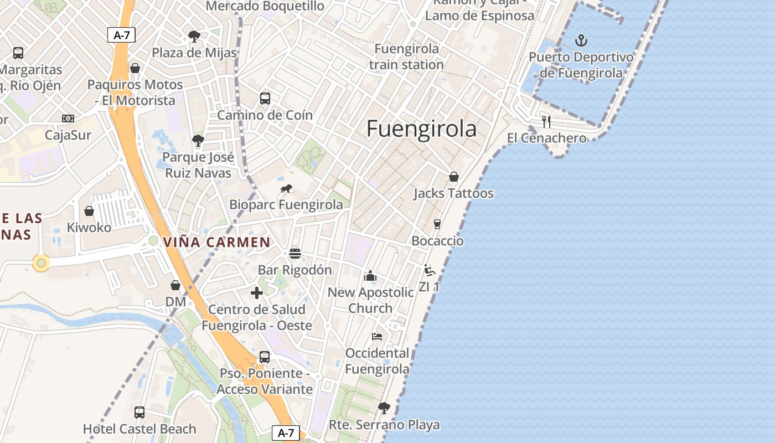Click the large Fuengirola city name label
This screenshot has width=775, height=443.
click(421, 128)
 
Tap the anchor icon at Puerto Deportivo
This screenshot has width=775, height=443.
click(581, 40)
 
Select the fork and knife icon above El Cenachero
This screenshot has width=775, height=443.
click(546, 121)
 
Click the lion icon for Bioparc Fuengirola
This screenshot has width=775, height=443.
click(286, 189)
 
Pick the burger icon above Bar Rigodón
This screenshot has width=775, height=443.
click(294, 254)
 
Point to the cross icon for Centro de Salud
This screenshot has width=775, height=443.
click(256, 293)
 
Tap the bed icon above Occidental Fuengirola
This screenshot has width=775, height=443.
click(377, 337)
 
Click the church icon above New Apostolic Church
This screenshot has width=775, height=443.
click(370, 276)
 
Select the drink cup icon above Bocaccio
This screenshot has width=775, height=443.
click(437, 224)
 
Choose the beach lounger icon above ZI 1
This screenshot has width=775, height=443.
click(429, 270)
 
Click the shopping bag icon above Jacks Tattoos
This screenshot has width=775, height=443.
click(453, 177)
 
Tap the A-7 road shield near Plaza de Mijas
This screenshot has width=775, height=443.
click(121, 35)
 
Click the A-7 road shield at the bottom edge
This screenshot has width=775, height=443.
click(286, 433)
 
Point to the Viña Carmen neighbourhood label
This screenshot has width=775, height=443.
click(217, 243)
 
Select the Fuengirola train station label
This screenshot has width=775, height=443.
click(406, 56)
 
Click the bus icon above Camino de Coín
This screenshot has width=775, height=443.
click(265, 99)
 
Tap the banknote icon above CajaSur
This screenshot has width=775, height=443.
click(68, 119)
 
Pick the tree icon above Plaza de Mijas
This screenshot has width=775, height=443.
click(194, 37)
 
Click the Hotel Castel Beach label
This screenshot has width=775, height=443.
click(139, 429)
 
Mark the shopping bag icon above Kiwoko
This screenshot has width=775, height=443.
click(89, 211)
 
